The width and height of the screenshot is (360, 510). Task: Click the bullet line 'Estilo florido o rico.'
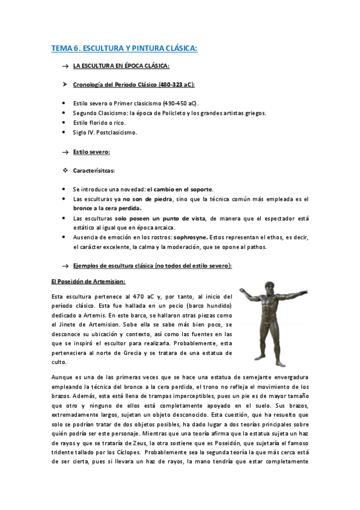coord(99,122)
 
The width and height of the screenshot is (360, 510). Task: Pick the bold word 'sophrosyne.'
coord(191,238)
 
